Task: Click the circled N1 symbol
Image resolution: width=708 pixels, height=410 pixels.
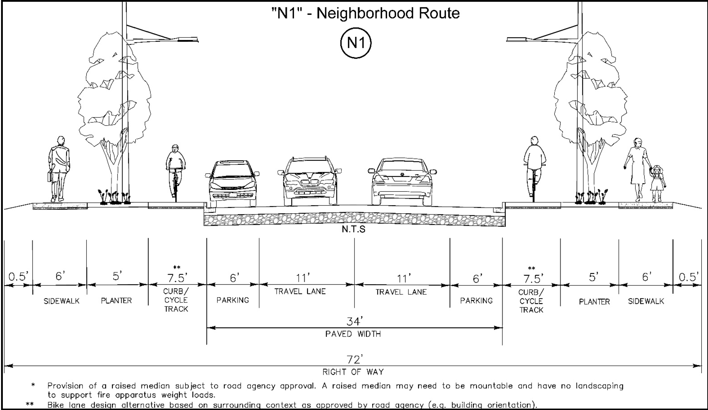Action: click(x=356, y=43)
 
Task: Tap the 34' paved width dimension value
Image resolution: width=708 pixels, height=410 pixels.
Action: click(x=354, y=321)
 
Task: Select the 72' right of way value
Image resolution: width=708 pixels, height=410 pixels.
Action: click(x=355, y=359)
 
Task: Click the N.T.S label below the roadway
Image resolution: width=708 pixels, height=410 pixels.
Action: click(x=353, y=229)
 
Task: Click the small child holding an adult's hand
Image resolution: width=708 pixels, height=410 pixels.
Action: click(x=657, y=183)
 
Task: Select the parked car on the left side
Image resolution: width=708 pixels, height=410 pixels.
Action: click(x=232, y=184)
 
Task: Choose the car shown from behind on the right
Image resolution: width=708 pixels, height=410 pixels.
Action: click(x=402, y=182)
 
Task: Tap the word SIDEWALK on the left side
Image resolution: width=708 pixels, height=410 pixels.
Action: click(x=61, y=301)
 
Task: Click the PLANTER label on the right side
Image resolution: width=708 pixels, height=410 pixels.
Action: click(x=594, y=302)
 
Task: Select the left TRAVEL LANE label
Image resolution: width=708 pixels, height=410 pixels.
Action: click(x=300, y=291)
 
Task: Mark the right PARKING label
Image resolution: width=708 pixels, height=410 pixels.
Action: click(x=476, y=301)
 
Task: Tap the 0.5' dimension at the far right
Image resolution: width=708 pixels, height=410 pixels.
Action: click(x=688, y=277)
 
